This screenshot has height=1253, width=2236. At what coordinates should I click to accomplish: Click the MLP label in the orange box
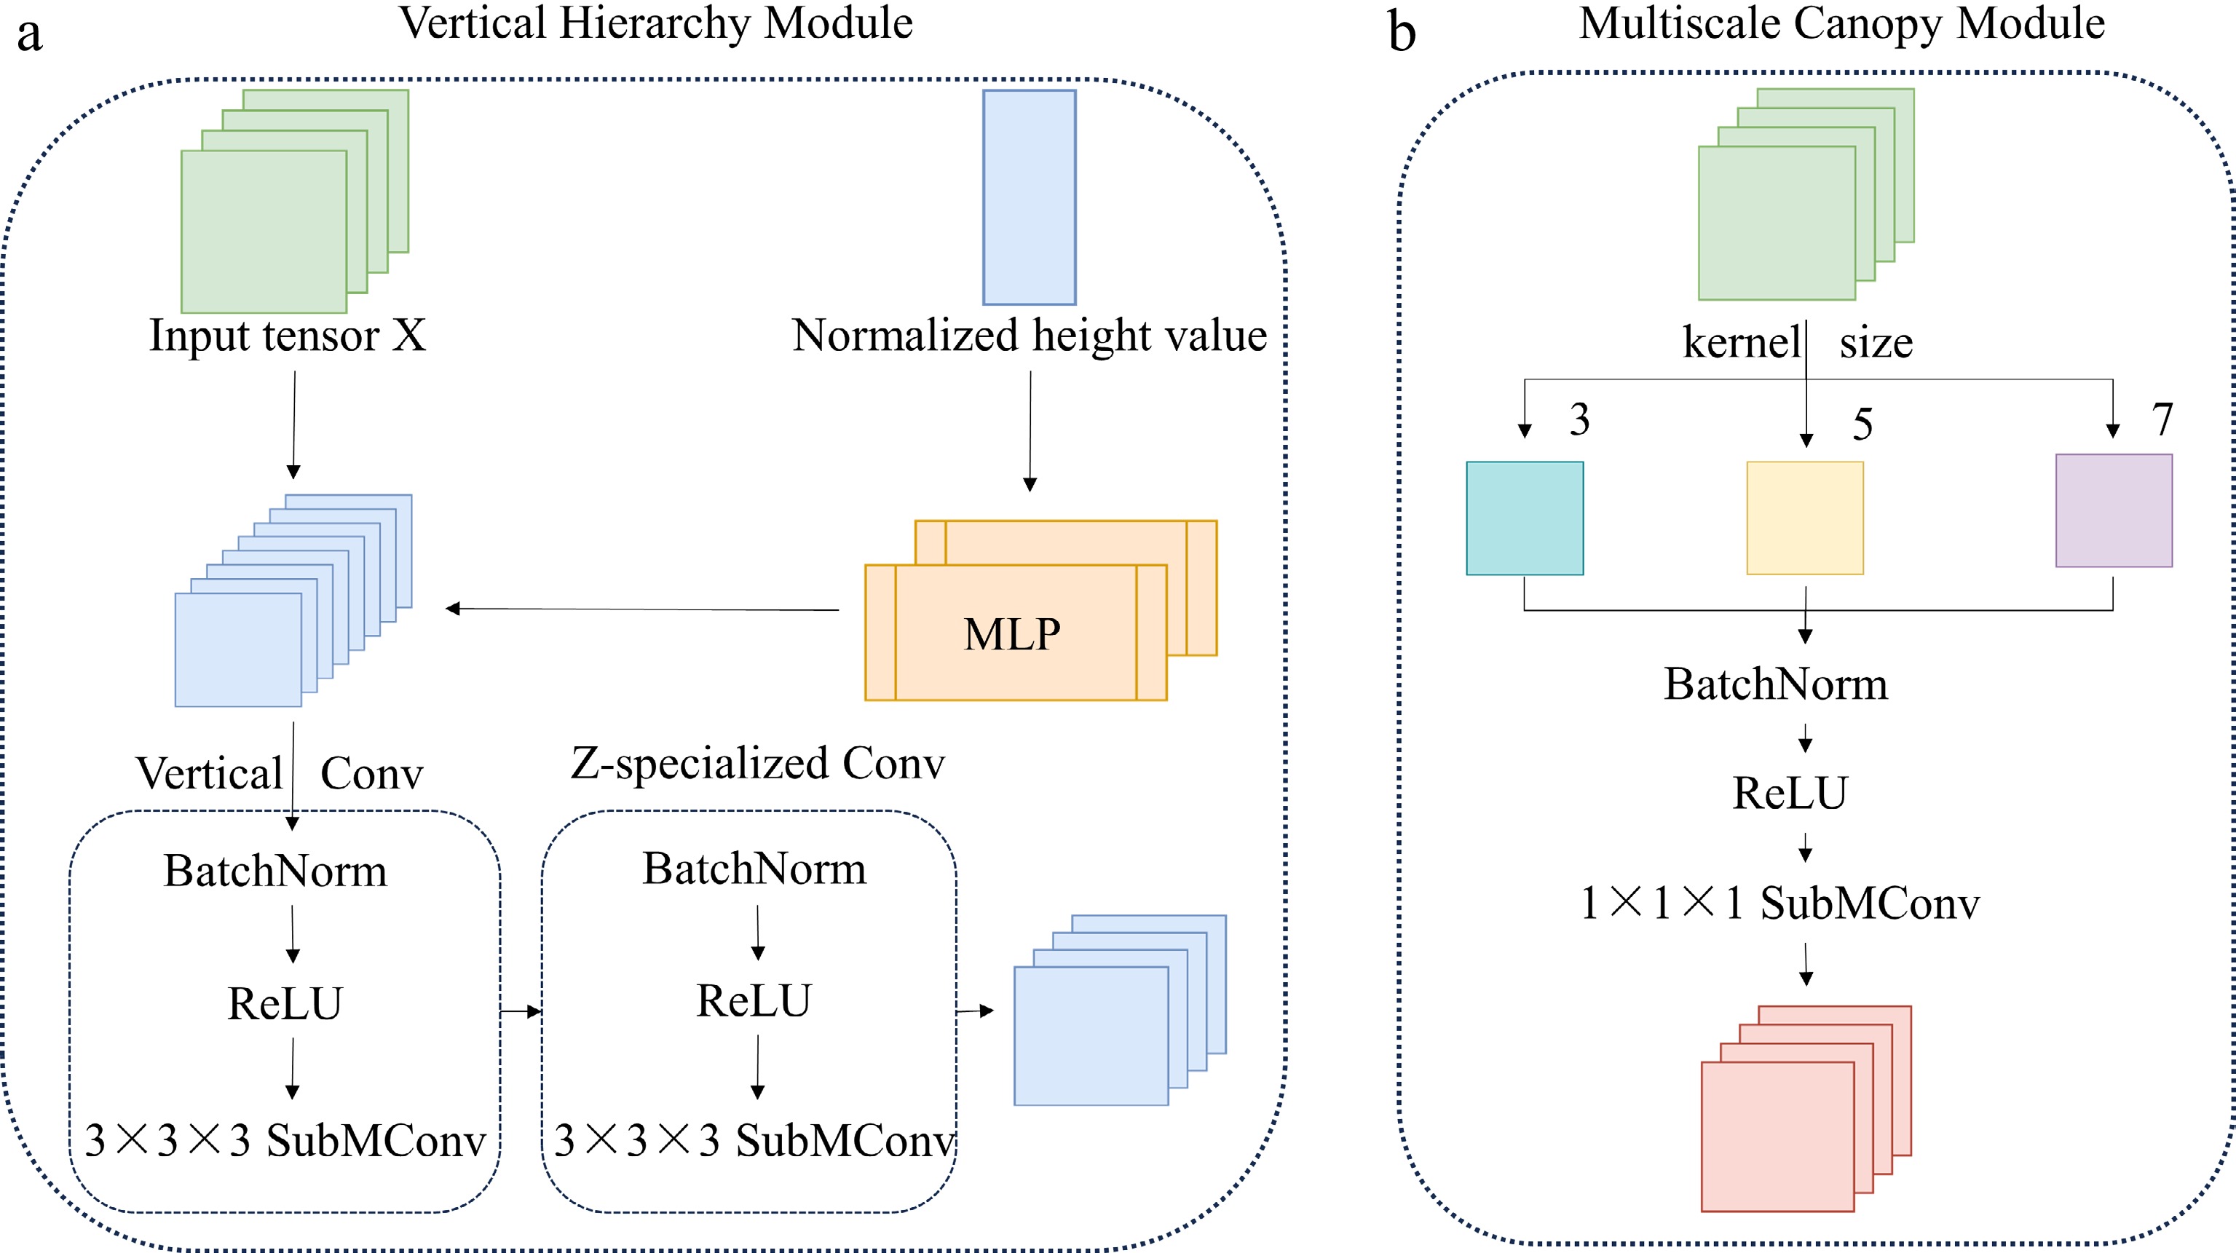1012,633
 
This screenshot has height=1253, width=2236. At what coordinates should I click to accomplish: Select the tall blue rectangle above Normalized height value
1030,198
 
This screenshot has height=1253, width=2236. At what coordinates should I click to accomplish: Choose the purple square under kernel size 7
2114,510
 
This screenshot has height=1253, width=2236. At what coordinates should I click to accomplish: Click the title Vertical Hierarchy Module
656,23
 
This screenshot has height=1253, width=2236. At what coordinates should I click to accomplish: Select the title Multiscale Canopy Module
1842,23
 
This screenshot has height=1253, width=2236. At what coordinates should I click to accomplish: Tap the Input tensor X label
288,336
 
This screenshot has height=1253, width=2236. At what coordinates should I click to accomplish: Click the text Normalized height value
1030,336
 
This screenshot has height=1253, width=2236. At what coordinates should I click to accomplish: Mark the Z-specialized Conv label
758,764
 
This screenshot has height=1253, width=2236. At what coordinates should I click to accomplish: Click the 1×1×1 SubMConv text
1780,904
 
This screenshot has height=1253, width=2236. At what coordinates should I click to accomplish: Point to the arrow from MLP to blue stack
642,609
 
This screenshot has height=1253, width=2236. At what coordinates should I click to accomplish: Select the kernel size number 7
2163,420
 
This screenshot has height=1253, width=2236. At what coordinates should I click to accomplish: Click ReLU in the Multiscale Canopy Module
1790,792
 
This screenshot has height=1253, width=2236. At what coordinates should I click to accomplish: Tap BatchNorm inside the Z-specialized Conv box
754,869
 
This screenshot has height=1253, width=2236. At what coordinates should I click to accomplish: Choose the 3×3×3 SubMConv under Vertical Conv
285,1140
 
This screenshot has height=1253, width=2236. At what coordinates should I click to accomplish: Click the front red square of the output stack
1778,1137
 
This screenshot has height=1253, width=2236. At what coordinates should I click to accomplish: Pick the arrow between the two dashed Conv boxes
521,1011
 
